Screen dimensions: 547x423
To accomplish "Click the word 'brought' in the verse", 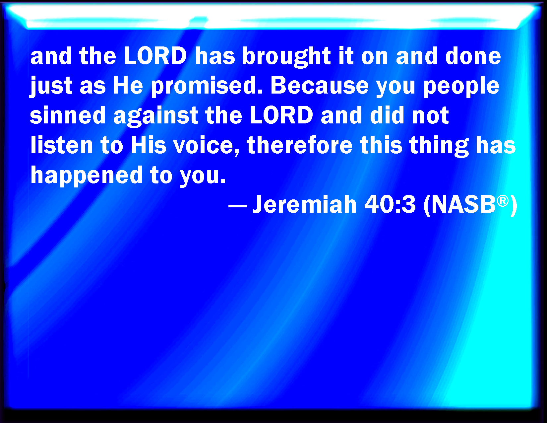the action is (286, 57).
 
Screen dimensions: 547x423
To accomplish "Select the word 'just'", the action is (51, 86).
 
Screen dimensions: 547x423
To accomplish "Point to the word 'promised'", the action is (207, 86).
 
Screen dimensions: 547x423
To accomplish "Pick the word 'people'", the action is (461, 86).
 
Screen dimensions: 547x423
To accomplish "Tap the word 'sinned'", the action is (67, 115).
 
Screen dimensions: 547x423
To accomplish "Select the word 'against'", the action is (155, 116).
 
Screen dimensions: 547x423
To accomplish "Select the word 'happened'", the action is (87, 176).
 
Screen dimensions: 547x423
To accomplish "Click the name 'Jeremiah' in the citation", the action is (305, 204).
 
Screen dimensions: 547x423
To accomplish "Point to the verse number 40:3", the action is (390, 204).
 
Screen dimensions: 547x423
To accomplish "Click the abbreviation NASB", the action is (463, 204).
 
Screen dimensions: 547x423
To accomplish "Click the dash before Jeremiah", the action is (238, 206).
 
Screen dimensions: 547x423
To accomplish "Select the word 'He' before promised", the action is (128, 85).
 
